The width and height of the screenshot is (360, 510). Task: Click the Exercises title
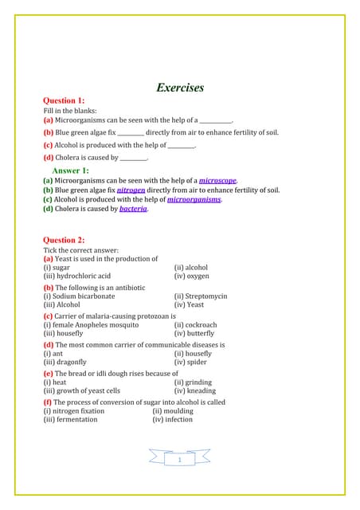click(x=180, y=88)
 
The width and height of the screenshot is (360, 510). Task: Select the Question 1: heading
click(x=64, y=101)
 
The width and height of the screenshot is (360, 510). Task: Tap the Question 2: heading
click(x=64, y=240)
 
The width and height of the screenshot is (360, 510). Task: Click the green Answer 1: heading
click(x=70, y=171)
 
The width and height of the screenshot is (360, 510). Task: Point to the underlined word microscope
click(x=217, y=182)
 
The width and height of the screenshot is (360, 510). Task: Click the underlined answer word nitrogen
click(x=131, y=191)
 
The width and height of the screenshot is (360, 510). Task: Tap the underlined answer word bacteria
click(x=133, y=210)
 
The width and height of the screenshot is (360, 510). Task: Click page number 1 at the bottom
click(x=180, y=460)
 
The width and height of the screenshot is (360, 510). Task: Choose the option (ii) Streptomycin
click(x=201, y=296)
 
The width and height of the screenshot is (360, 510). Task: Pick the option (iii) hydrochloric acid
click(x=76, y=276)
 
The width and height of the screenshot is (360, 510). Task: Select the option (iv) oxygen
click(x=191, y=276)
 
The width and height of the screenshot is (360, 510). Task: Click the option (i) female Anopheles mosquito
click(x=91, y=325)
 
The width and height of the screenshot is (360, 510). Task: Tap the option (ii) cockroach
click(x=195, y=325)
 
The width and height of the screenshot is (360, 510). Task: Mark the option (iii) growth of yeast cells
click(x=81, y=391)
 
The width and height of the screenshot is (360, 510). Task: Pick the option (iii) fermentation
click(x=70, y=420)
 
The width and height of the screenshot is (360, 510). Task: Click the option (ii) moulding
click(x=173, y=411)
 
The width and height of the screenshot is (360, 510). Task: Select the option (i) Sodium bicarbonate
click(x=79, y=296)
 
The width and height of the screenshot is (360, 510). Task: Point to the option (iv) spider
click(x=190, y=363)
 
